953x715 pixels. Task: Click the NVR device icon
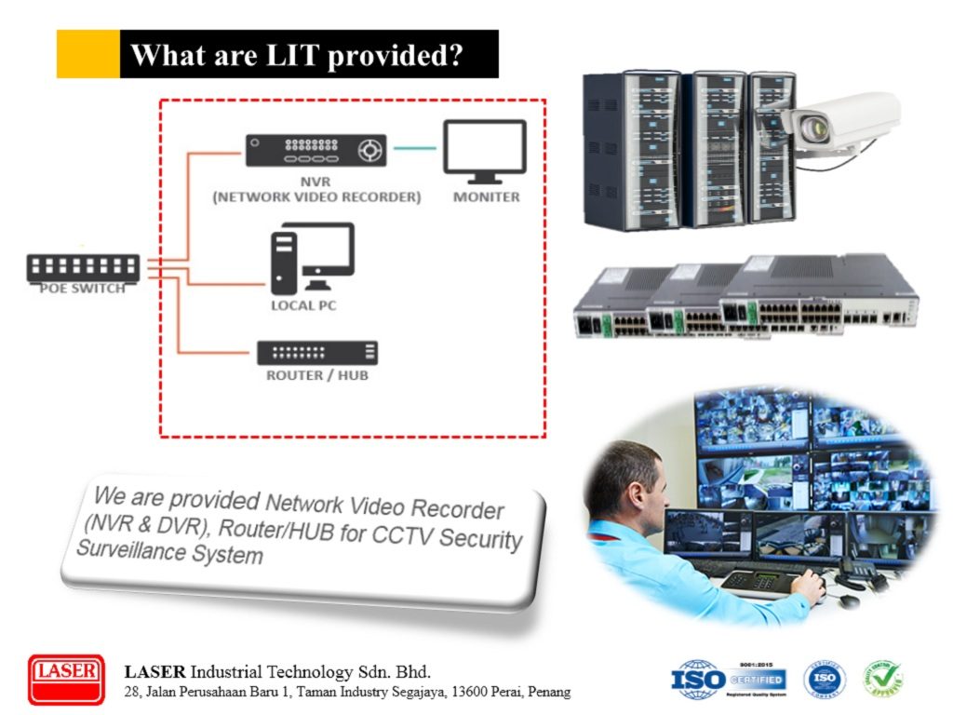pos(315,150)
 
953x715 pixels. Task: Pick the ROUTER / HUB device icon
pos(317,353)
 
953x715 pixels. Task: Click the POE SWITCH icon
pos(83,267)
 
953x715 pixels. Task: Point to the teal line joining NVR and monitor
pos(414,148)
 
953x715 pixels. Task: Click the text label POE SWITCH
pos(82,289)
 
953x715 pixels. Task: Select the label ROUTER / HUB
pos(317,375)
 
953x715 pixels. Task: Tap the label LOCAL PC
pos(303,305)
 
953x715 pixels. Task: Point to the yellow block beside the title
pos(87,54)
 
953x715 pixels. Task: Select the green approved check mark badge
pos(882,679)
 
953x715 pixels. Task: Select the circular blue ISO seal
pos(824,679)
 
